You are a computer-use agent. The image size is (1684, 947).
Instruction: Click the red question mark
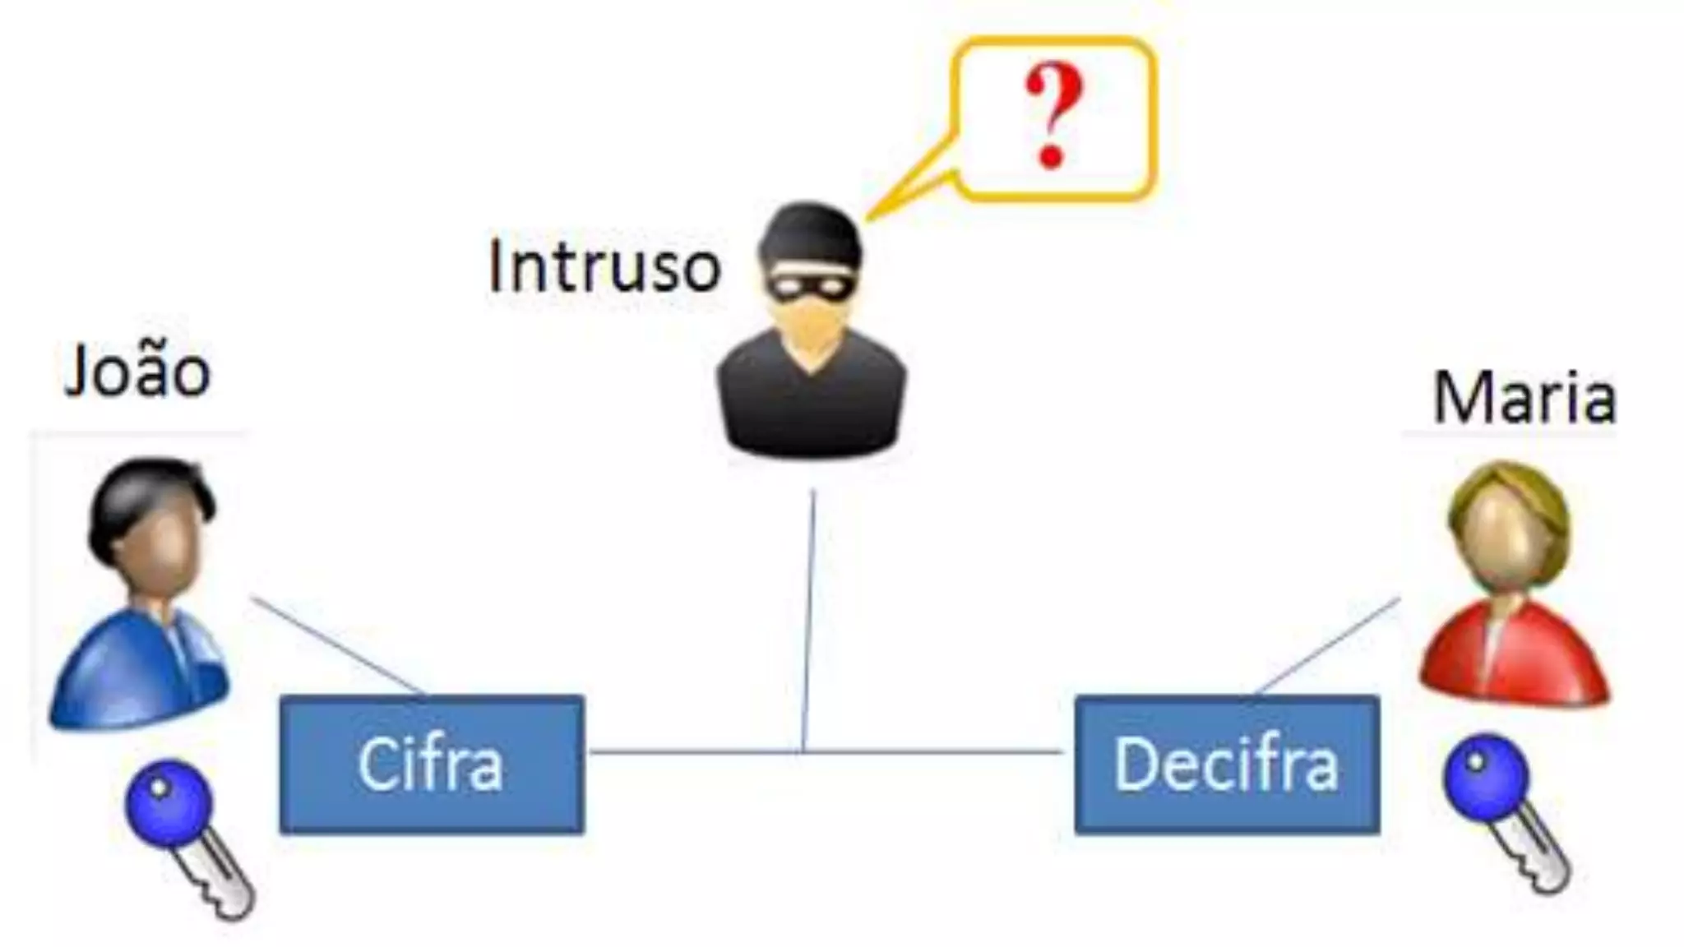1052,115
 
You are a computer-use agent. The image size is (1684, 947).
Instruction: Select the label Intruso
604,266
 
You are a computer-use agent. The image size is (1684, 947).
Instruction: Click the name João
137,372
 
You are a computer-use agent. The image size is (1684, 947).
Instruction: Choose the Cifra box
432,765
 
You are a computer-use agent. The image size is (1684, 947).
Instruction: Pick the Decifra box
1227,765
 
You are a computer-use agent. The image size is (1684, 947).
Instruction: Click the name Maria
1524,399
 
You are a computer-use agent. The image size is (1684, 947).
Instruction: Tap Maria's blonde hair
1509,493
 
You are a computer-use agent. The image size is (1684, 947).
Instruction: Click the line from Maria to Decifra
1328,645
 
